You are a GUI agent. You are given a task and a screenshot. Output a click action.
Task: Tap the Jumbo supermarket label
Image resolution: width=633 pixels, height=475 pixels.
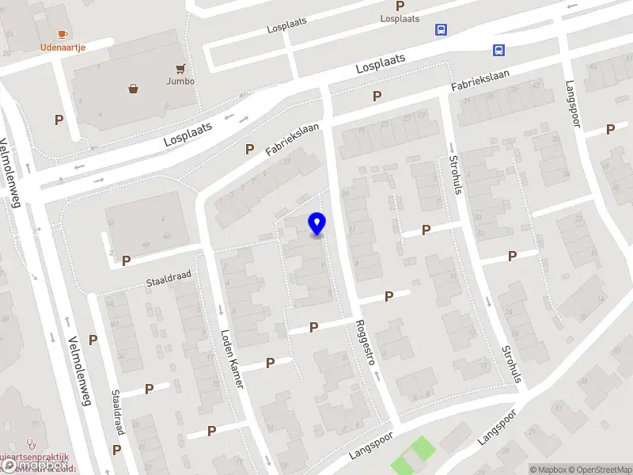180,81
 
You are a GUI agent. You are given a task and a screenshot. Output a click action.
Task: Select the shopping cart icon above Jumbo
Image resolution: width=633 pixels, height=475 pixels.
181,68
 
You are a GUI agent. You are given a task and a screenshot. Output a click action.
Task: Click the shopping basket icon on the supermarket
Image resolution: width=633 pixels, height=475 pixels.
134,89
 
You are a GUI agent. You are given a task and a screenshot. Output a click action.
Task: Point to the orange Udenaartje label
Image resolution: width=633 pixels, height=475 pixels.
63,47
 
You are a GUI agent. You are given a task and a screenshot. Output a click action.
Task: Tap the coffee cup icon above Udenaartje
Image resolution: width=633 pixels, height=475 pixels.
63,34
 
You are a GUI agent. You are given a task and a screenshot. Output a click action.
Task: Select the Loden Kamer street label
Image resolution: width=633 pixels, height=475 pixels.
230,358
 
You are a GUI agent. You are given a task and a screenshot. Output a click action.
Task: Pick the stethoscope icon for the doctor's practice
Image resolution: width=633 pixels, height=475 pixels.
30,444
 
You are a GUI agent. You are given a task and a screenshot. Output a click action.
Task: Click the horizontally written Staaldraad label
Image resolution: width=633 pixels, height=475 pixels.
168,276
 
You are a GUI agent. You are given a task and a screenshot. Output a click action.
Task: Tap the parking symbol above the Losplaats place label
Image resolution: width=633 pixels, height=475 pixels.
400,6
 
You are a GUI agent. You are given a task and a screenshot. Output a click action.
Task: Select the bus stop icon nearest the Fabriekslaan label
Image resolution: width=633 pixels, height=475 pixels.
498,51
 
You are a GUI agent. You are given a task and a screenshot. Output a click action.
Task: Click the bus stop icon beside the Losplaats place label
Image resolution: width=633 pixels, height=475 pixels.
441,30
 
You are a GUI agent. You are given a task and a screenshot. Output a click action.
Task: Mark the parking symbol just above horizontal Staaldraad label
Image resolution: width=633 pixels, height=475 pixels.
126,260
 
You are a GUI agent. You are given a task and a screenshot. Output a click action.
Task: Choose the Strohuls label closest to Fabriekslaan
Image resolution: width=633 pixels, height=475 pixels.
454,170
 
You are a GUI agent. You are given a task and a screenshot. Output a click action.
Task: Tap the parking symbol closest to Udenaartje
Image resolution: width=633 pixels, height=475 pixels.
58,120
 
